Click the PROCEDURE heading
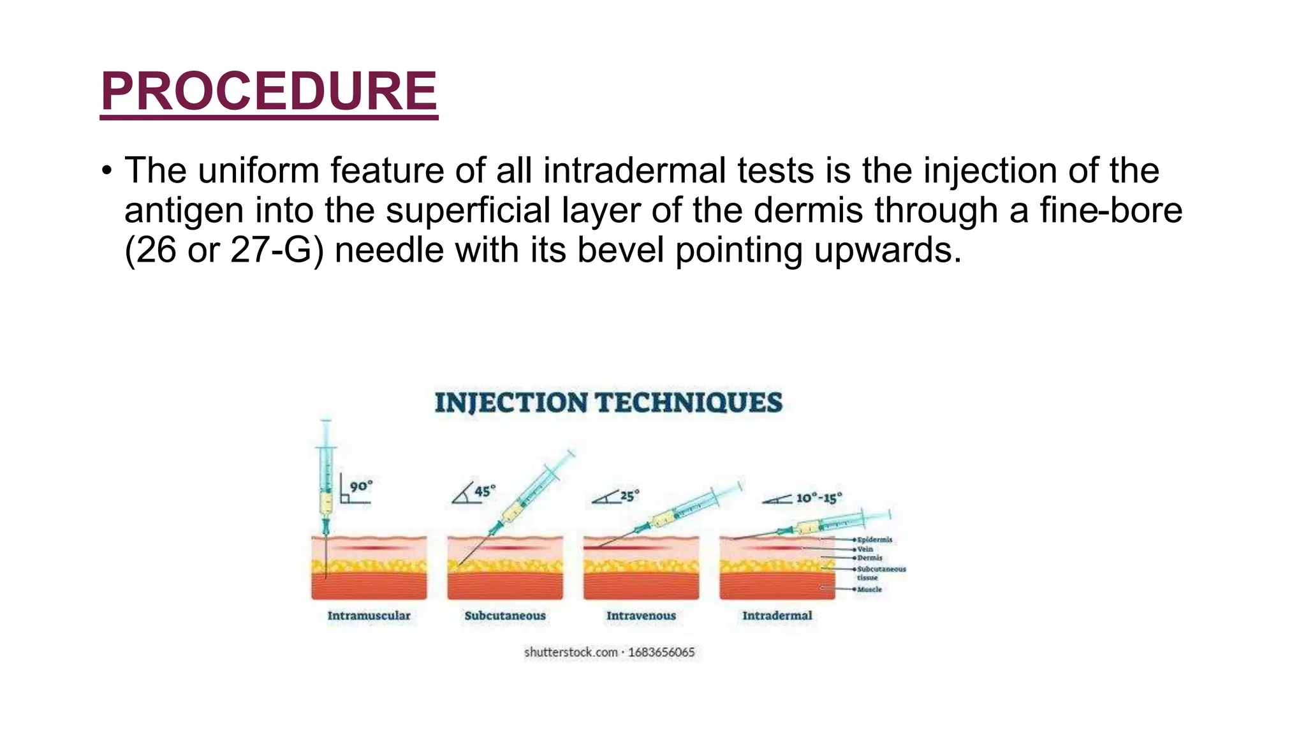point(268,91)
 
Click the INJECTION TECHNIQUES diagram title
point(608,403)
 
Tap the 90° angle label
point(361,486)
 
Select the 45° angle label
point(485,491)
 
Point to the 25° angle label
point(629,496)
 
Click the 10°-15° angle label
point(819,498)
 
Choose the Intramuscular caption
point(369,616)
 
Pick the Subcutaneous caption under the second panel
point(505,616)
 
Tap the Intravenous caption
point(641,616)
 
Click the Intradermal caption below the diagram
point(777,616)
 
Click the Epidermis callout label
point(875,540)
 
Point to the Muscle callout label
point(870,590)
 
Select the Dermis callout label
point(870,558)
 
